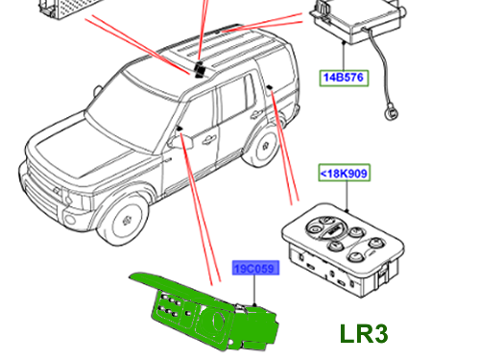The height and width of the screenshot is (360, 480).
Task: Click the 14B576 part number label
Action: [344, 78]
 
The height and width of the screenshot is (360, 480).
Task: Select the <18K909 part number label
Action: [345, 173]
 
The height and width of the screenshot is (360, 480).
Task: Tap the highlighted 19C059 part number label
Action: [255, 268]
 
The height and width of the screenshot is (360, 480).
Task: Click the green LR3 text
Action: [364, 334]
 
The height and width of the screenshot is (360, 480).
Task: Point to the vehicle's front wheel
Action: [124, 218]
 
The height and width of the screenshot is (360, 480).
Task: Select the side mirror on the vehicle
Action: [181, 141]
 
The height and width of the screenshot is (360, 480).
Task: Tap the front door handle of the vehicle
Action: [209, 139]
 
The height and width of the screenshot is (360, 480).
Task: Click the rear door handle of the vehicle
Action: [256, 113]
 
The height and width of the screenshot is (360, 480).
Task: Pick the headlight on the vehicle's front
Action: [74, 199]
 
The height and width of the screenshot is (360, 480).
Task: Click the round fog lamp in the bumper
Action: [69, 219]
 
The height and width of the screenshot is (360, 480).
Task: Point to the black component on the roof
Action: [201, 69]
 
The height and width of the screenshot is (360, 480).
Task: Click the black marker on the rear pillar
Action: [270, 87]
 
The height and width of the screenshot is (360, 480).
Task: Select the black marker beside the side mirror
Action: [179, 129]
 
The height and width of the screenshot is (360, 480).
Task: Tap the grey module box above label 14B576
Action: [358, 20]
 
